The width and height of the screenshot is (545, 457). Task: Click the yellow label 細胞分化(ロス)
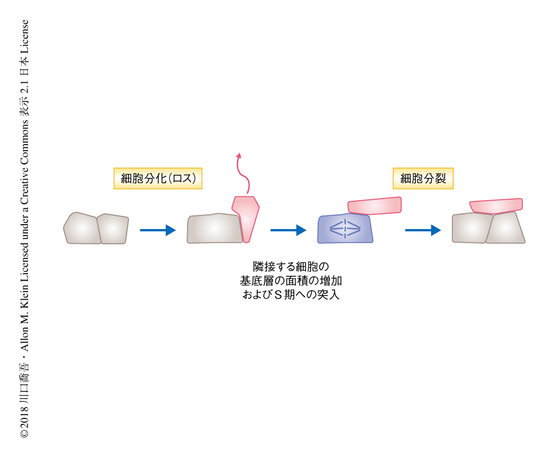158,178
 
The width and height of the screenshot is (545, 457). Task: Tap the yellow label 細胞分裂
423,178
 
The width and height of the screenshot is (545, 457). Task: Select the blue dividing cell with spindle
345,228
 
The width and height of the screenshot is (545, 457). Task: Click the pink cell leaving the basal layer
246,217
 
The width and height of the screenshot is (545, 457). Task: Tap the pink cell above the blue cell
374,206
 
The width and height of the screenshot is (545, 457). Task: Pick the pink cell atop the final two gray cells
496,206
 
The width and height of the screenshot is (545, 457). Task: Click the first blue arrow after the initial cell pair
158,230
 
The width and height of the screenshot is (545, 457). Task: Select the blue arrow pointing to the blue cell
288,230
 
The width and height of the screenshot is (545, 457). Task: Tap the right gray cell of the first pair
112,229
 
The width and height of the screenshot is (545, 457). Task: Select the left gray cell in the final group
471,228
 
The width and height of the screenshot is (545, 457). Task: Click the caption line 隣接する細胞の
291,267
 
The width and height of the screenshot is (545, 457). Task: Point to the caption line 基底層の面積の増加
291,281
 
